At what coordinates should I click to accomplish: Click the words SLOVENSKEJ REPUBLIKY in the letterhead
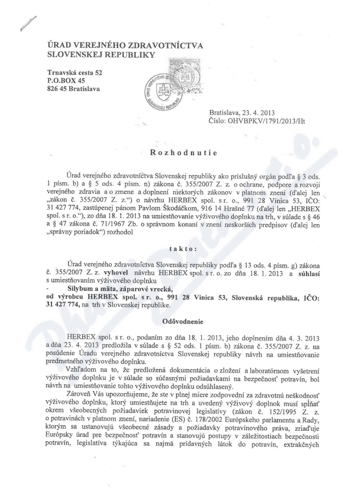click(x=100, y=55)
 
